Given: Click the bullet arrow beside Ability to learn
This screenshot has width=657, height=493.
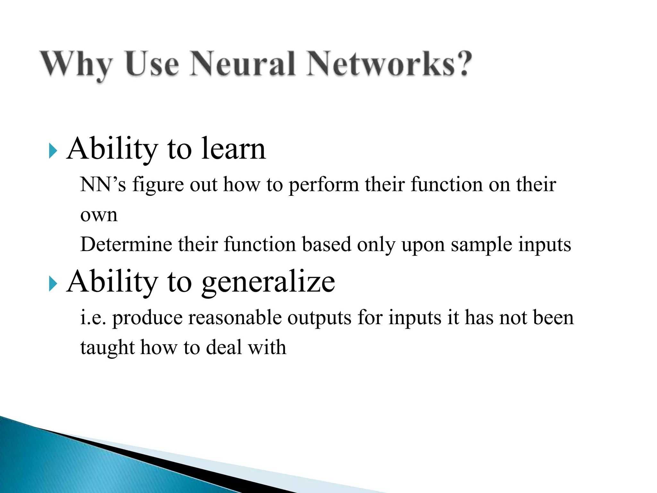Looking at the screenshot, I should (x=53, y=151).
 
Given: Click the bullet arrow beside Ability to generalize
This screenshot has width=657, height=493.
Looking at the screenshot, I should (x=53, y=284).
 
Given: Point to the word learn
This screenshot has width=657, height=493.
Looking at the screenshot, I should (x=233, y=149).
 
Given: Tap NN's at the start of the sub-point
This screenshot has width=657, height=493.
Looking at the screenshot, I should (x=103, y=185).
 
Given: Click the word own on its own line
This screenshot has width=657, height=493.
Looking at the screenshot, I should (x=98, y=215).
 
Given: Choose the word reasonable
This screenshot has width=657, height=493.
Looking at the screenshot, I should (x=235, y=317).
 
